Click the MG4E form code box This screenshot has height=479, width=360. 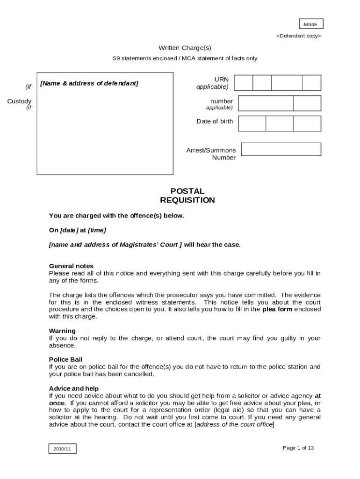tap(311, 24)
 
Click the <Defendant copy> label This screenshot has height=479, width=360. tap(298, 36)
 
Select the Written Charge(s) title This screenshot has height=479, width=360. tap(181, 48)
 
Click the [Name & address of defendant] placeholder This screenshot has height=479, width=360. tap(89, 83)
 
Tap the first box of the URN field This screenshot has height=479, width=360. tap(243, 83)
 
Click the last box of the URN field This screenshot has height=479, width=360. tap(311, 83)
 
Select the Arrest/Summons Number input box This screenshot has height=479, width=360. tap(281, 149)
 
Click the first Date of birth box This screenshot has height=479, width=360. tap(252, 123)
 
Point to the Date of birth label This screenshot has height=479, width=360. tap(214, 121)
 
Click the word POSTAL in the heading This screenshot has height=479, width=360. tap(187, 191)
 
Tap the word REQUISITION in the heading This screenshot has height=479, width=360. tap(187, 200)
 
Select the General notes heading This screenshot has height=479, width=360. tap(71, 266)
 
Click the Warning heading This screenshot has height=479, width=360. tap(62, 331)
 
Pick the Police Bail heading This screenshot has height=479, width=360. tap(66, 359)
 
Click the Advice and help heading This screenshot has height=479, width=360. tap(74, 388)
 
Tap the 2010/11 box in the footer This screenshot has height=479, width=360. tap(62, 449)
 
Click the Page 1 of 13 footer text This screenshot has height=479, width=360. tap(298, 448)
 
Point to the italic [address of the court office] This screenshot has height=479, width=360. tap(234, 424)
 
